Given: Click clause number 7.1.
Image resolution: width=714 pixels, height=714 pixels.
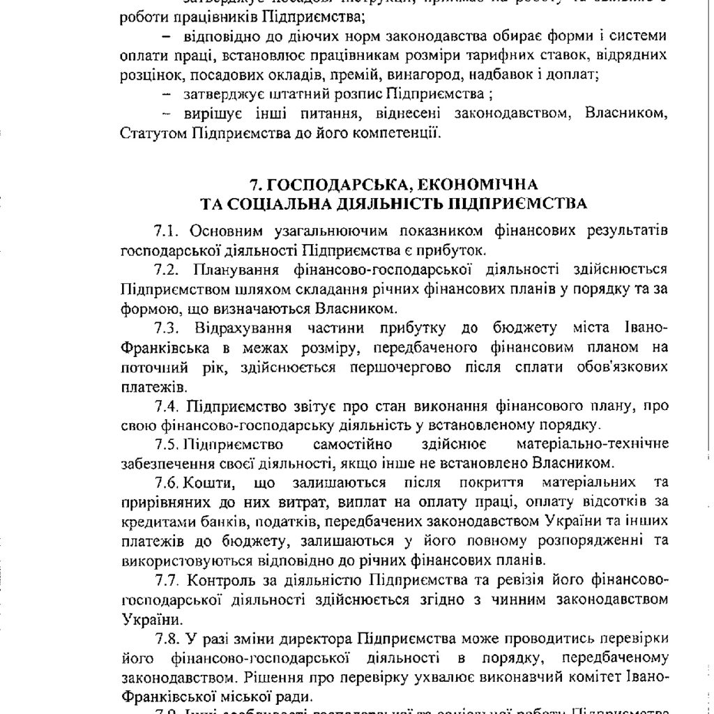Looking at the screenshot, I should click(167, 231).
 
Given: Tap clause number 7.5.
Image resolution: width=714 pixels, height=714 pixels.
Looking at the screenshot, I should click(167, 444).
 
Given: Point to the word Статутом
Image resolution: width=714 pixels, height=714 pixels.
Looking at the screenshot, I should click(151, 131).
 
